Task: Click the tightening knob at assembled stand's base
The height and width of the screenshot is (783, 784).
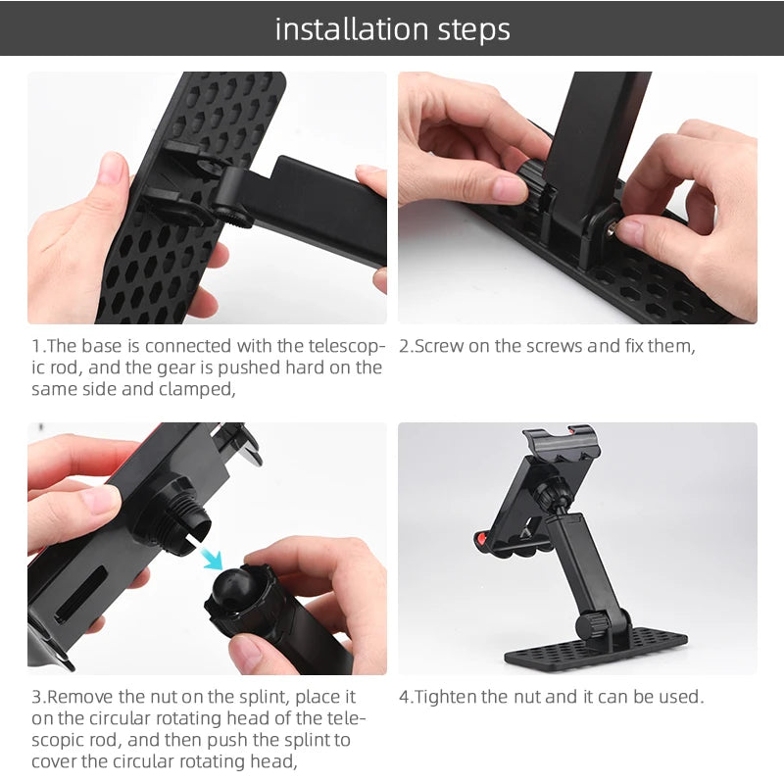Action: coord(593,624)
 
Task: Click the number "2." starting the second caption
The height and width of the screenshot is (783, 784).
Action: coord(406,346)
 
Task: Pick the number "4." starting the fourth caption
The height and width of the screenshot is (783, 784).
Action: coord(406,697)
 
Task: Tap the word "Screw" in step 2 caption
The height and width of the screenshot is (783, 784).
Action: coord(438,346)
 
